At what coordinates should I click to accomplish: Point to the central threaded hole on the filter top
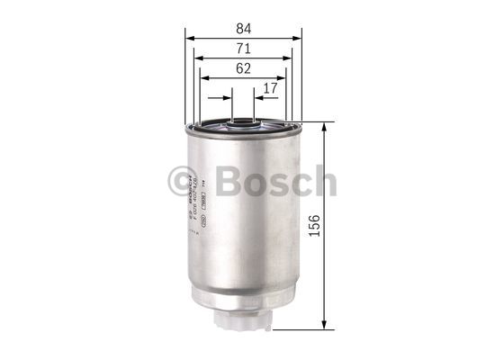243,120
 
